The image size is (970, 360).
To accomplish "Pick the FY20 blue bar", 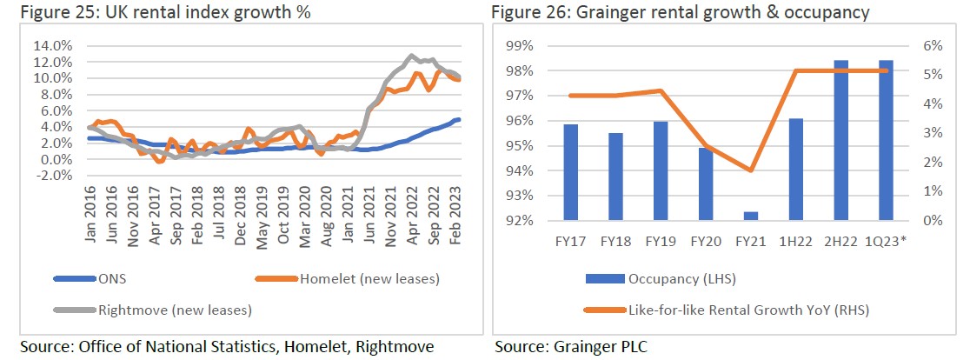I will tap(706, 183).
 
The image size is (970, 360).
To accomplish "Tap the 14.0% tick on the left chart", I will tap(54, 45).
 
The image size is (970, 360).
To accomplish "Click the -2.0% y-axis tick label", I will tap(54, 176).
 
